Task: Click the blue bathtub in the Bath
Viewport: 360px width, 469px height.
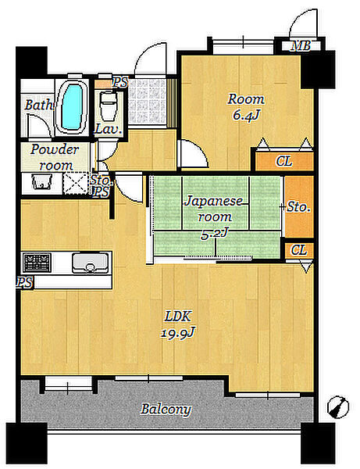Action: (72, 106)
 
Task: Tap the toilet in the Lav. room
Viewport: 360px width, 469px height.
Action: (108, 106)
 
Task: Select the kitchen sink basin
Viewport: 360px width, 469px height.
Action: (91, 263)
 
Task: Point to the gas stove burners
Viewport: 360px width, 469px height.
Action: (37, 263)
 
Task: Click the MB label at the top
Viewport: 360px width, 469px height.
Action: (301, 46)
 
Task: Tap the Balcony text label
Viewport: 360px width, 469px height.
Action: (166, 409)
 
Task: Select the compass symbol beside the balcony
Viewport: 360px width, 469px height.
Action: (338, 406)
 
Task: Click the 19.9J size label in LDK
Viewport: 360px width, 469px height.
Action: (178, 333)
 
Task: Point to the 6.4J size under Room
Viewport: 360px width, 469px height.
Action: (245, 115)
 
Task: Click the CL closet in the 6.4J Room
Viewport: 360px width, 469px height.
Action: (284, 162)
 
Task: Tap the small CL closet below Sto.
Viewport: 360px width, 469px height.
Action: (299, 250)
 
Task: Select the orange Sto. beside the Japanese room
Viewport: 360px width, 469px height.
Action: (299, 206)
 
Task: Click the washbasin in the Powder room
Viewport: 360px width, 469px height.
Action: (41, 182)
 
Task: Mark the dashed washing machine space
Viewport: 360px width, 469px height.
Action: (76, 184)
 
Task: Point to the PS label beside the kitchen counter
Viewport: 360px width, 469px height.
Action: (25, 282)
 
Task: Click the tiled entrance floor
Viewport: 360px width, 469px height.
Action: (147, 102)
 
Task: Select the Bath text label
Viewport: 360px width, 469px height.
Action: (38, 105)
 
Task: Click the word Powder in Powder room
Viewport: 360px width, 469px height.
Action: (55, 149)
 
